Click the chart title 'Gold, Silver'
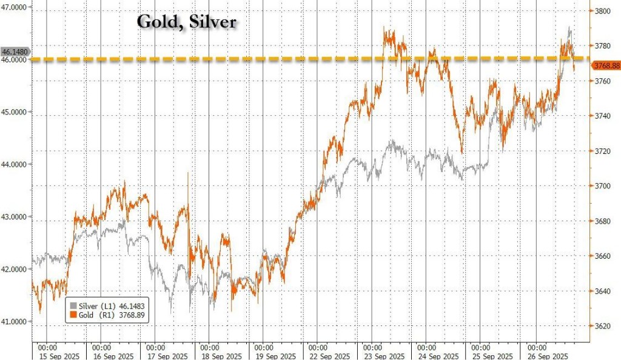tap(186, 22)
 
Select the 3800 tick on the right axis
tap(605, 10)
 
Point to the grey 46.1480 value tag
tap(14, 53)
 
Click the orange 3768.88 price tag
tap(605, 65)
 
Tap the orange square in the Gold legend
tap(74, 315)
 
